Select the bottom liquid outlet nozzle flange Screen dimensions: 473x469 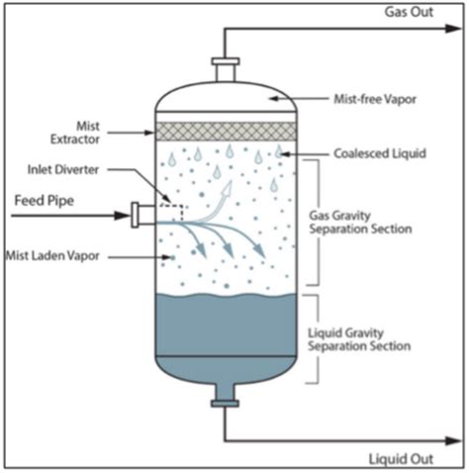pos(226,401)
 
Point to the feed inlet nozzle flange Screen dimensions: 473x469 pos(136,212)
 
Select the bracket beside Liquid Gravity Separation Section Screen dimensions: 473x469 pos(315,337)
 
